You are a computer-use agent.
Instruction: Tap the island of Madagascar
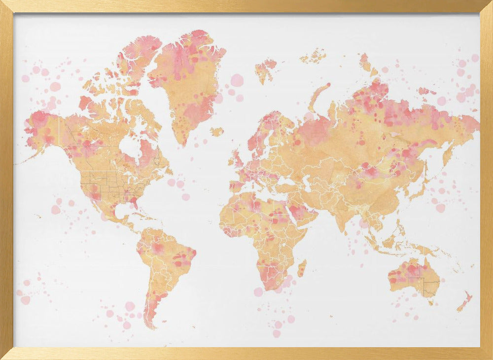click(x=302, y=268)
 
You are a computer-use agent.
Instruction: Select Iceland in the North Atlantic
click(x=216, y=132)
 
